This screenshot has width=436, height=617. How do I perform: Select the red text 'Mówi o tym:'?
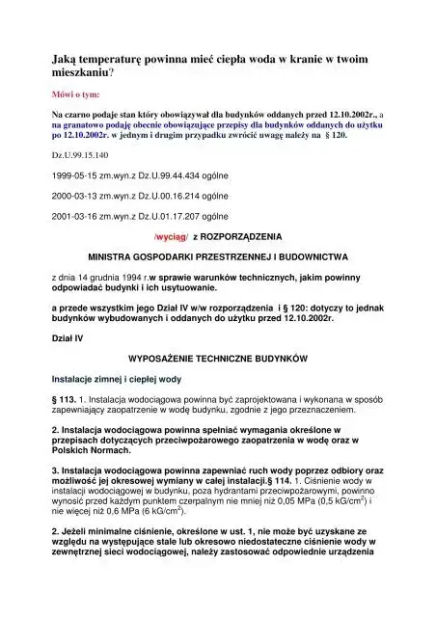(x=76, y=98)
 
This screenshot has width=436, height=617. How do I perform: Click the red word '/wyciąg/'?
(x=171, y=235)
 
